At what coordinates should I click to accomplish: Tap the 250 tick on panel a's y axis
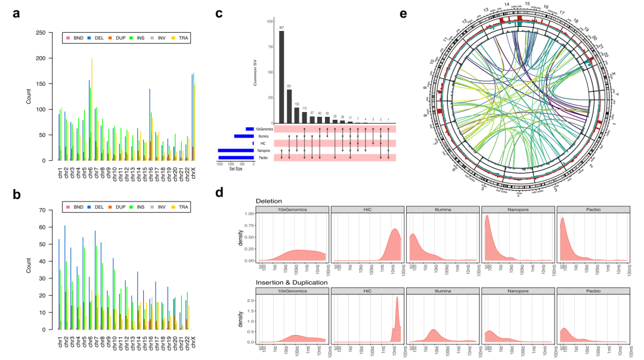point(40,32)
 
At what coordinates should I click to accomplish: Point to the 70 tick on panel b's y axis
point(42,210)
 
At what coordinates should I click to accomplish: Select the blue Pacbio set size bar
point(236,158)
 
